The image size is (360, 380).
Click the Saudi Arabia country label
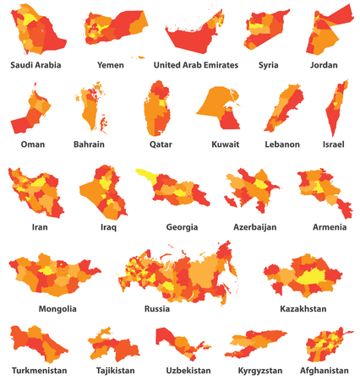[41, 64]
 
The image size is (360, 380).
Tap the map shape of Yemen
[114, 30]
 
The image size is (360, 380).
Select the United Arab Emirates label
[196, 64]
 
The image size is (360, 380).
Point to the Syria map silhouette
[269, 31]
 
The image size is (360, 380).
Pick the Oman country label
[33, 144]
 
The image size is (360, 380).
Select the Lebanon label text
[281, 144]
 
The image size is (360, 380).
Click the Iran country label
[39, 227]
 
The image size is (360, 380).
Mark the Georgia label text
[182, 227]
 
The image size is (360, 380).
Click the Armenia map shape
[322, 191]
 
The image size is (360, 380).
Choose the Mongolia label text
[57, 308]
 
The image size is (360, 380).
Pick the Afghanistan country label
[324, 371]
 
